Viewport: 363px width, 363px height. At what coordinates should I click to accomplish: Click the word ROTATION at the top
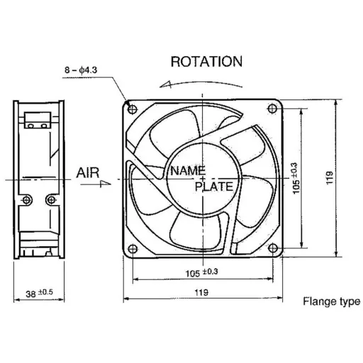tap(206, 62)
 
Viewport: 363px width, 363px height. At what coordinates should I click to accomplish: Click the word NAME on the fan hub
tap(186, 171)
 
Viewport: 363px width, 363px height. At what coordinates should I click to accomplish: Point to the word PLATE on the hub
tap(213, 186)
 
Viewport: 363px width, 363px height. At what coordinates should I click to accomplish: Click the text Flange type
tap(331, 301)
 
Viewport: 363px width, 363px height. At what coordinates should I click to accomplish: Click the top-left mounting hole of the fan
tap(133, 108)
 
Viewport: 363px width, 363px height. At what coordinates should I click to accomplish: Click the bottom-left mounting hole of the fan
tap(133, 247)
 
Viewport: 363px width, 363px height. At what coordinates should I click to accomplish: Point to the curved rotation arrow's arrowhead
tap(164, 84)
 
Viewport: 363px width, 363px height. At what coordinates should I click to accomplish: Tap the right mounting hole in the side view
tap(50, 201)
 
